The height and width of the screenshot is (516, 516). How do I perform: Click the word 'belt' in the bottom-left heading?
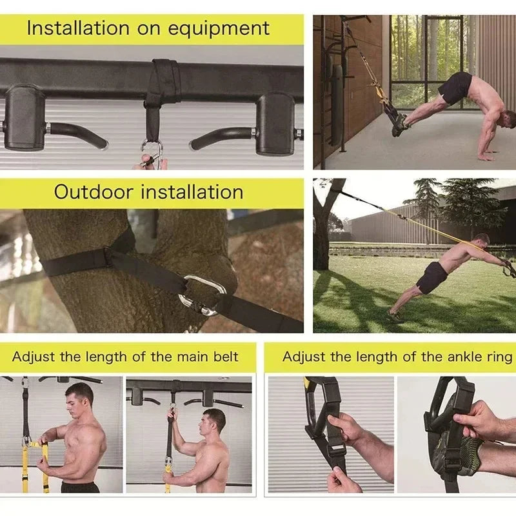tap(224, 357)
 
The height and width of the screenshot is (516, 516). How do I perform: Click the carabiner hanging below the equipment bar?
tap(152, 154)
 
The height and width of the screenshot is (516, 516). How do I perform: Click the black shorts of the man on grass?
tap(431, 278)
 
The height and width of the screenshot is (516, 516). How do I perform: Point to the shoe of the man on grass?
tap(394, 316)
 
